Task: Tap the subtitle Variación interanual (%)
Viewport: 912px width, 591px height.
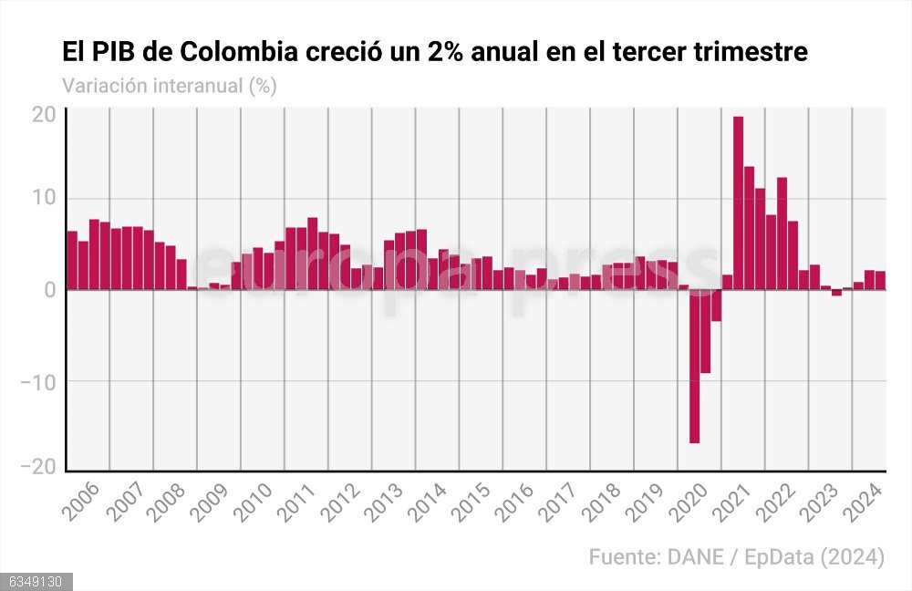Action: coord(169,86)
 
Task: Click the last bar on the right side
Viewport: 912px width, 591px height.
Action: coord(880,280)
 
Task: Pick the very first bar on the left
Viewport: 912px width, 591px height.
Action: coord(72,260)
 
